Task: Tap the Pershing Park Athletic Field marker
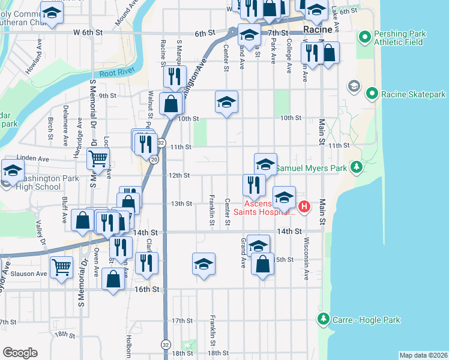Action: (x=364, y=38)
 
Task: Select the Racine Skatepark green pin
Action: (x=372, y=94)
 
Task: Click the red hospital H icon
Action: (x=304, y=207)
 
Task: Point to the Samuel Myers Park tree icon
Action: (x=357, y=166)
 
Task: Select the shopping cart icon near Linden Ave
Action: (x=98, y=159)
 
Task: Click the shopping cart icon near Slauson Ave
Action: (x=62, y=267)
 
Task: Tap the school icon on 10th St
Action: (x=226, y=103)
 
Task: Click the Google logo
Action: (x=20, y=353)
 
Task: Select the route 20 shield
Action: (x=154, y=159)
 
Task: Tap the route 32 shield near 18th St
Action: (x=165, y=344)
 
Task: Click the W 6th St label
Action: (x=85, y=32)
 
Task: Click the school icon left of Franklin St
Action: (x=203, y=263)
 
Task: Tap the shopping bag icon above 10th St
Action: (x=171, y=104)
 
